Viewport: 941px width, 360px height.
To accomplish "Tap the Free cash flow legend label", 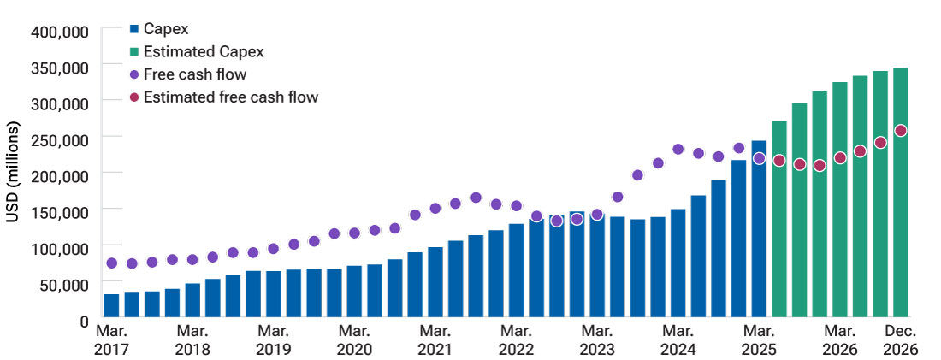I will coord(195,74).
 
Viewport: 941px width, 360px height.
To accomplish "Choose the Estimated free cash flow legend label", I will coord(230,97).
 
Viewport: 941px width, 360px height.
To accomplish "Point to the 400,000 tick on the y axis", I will coord(60,32).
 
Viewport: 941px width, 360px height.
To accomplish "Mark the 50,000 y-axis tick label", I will coord(63,285).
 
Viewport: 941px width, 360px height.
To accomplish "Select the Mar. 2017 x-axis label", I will coord(111,339).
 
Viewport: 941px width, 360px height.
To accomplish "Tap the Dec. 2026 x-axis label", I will coord(901,339).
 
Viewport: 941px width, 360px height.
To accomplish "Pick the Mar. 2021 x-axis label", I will coord(435,339).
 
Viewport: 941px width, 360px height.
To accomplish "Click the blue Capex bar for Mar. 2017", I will coord(111,306).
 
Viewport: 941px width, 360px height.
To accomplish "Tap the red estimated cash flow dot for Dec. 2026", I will coord(901,131).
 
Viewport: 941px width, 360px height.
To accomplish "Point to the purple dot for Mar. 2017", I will coord(111,263).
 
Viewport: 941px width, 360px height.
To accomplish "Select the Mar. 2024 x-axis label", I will coord(678,339).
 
